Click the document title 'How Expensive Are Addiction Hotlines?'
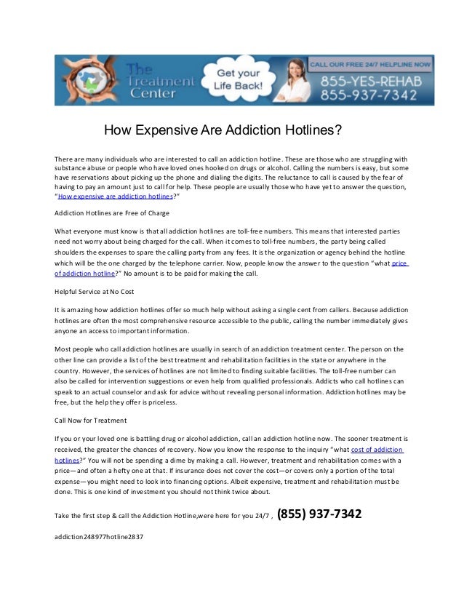[x=223, y=131]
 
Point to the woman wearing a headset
[x=294, y=81]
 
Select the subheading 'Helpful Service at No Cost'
[x=95, y=292]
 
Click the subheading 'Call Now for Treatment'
[x=91, y=421]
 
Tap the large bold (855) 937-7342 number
[x=320, y=515]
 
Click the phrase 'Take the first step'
[x=84, y=517]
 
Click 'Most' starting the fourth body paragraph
[x=63, y=349]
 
